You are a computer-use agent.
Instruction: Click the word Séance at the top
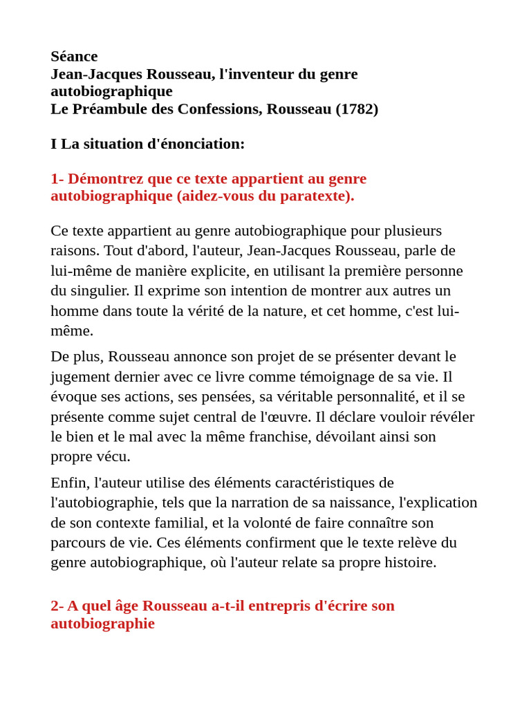74,57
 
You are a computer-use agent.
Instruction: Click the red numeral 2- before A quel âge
57,606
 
